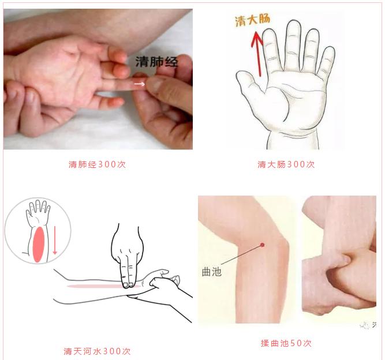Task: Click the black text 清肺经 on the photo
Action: click(156, 62)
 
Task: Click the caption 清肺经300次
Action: click(97, 164)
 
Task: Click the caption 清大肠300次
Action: click(286, 164)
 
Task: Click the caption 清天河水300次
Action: click(97, 351)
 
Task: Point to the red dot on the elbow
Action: click(261, 245)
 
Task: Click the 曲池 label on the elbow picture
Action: click(212, 271)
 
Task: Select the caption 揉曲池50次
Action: click(286, 343)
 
